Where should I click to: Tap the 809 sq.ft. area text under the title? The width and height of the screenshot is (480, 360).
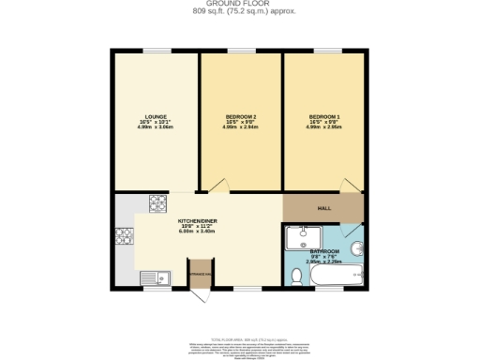(240, 13)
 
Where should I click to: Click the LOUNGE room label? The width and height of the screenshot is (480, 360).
(156, 116)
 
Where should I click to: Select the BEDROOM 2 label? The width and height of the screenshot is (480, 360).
(241, 116)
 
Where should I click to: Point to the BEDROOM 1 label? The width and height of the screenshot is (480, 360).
(324, 116)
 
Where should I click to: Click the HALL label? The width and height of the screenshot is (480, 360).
(323, 208)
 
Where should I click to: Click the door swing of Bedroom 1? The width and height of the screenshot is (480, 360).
(348, 187)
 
